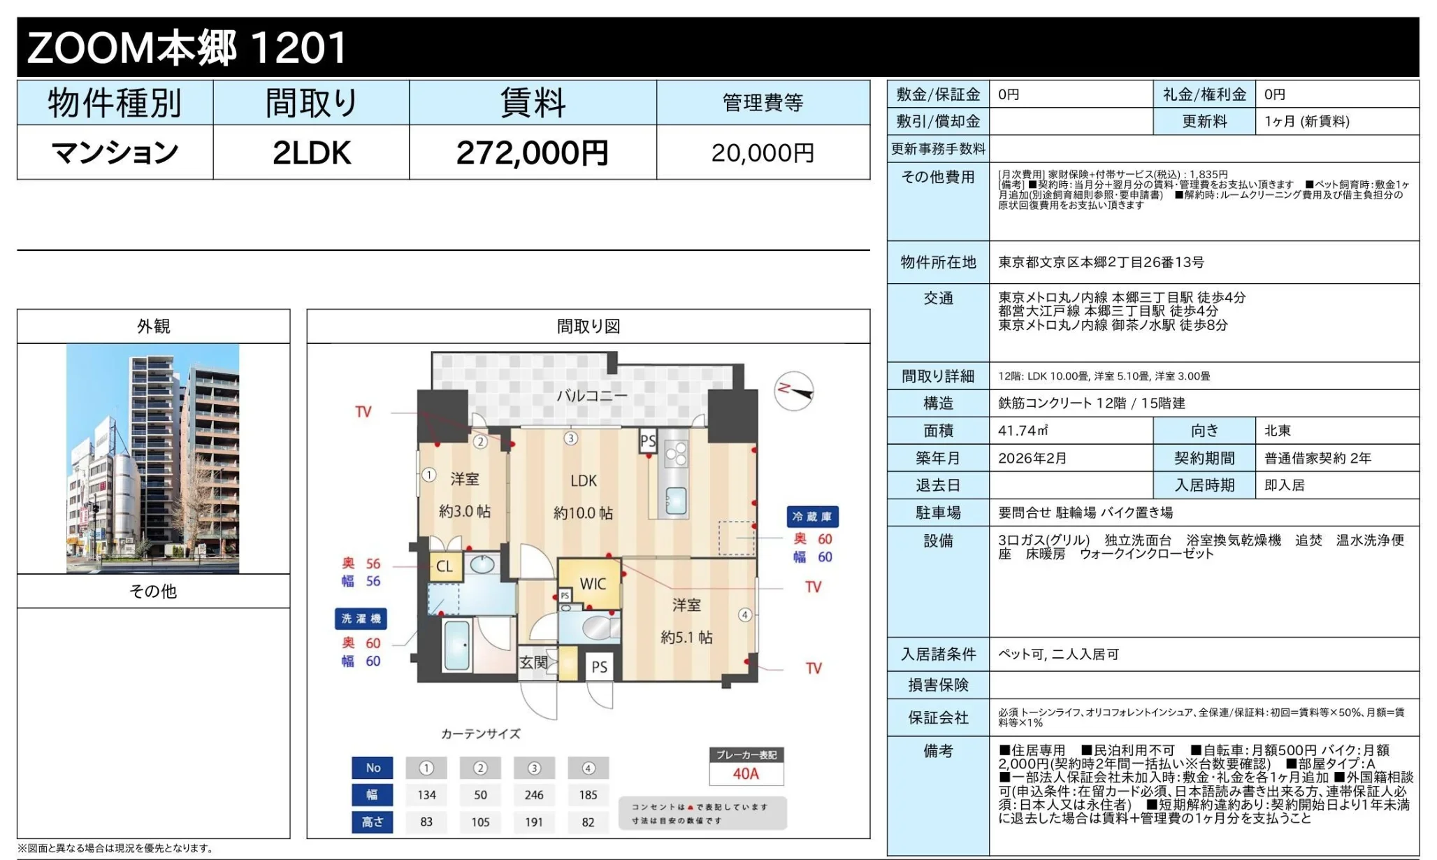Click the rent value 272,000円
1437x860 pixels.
click(532, 153)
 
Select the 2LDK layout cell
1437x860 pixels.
click(311, 153)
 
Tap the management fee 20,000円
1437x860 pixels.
click(763, 153)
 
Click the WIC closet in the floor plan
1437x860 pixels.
click(592, 584)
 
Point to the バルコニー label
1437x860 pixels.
click(591, 396)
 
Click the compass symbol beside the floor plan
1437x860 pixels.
click(795, 391)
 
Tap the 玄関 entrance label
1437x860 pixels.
click(533, 662)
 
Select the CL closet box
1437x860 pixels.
click(445, 566)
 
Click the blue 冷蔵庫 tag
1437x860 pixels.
click(812, 517)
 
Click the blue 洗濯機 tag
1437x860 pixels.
click(361, 619)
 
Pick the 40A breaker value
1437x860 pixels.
click(746, 774)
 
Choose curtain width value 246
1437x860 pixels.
click(534, 795)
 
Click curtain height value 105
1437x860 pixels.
click(480, 822)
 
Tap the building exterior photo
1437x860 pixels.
click(152, 458)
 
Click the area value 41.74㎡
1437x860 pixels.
click(1023, 431)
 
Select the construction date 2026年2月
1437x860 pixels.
click(1032, 458)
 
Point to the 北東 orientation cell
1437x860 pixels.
click(1278, 431)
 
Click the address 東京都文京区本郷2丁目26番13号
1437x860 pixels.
click(1101, 262)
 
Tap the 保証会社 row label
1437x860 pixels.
click(938, 717)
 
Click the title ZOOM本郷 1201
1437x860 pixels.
click(187, 48)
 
